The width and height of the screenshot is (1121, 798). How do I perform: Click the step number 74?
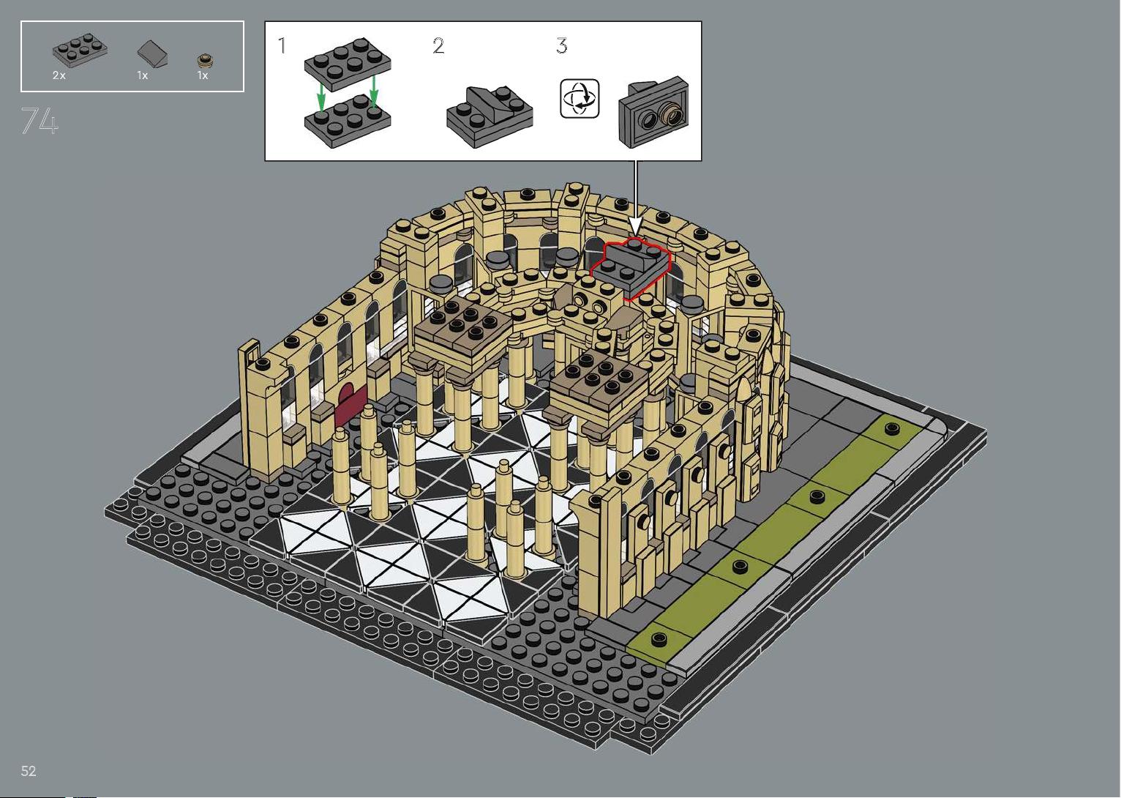click(40, 121)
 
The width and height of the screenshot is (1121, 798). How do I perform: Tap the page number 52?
click(29, 771)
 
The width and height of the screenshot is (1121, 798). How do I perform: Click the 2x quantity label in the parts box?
click(59, 75)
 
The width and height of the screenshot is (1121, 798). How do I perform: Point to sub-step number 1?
click(282, 46)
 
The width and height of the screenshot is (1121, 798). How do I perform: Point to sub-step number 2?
click(438, 46)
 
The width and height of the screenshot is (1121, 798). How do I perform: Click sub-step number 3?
click(562, 46)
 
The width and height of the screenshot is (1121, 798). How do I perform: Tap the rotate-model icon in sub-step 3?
click(580, 99)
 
